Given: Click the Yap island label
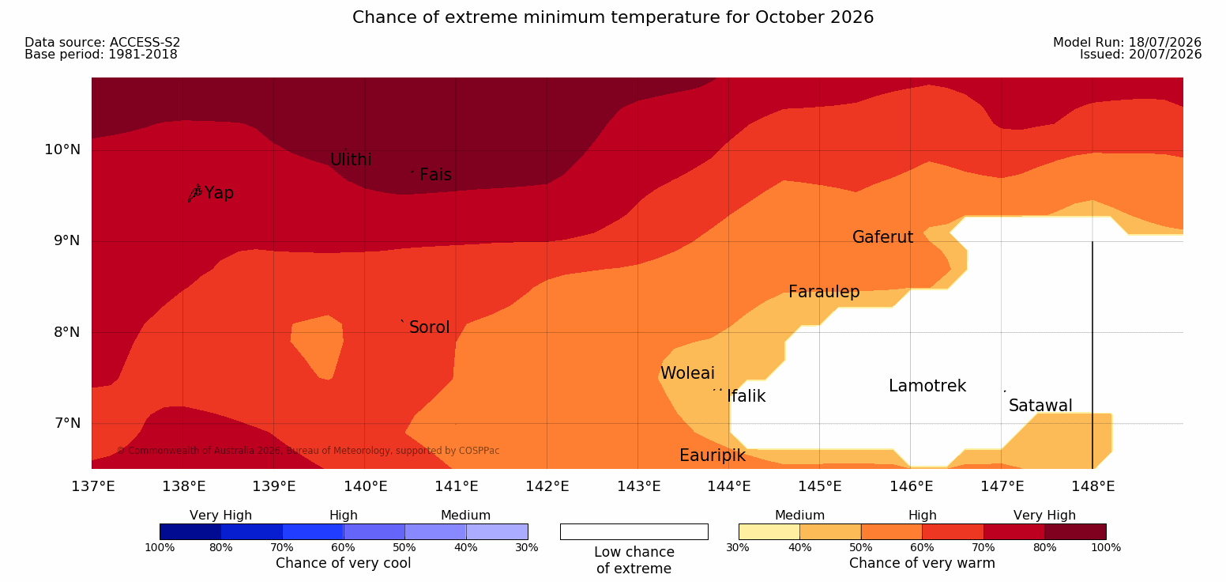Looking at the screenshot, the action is point(219,194).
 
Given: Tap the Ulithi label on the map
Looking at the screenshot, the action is point(351,160).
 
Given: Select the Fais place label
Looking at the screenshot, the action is point(436,175).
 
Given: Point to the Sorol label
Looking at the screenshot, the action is point(430,327).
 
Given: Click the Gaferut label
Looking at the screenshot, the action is point(883,237).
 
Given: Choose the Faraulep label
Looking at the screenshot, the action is point(824,292).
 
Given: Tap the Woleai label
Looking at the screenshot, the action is point(687,373).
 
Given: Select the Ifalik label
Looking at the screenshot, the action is point(746,396).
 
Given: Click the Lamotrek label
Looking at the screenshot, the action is point(927,386).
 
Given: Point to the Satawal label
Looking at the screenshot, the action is point(1040,406).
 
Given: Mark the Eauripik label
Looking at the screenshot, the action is point(713,455).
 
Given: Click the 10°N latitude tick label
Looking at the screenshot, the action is point(62,149).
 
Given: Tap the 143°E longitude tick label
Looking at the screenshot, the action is point(639,486).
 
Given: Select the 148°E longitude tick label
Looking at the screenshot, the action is point(1093,486).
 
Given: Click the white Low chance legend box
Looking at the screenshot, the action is point(634,531).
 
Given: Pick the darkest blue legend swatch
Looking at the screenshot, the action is point(190,531).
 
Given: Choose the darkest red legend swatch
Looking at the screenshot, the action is point(1075,531).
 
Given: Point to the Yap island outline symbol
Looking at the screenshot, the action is point(194,194).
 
